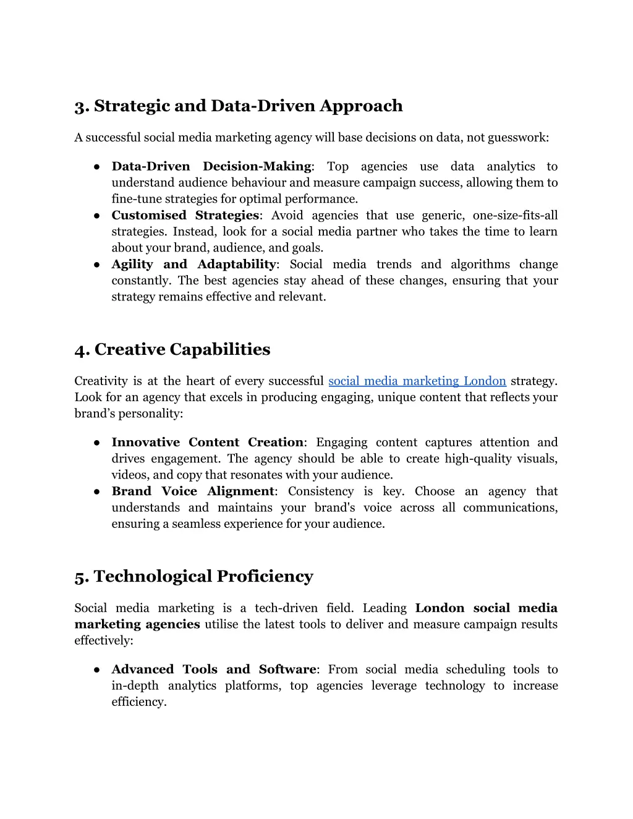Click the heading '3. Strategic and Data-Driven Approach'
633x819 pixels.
pos(238,106)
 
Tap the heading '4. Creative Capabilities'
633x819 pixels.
pos(172,350)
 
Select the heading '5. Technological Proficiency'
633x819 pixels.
pos(193,577)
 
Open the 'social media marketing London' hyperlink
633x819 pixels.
pos(417,381)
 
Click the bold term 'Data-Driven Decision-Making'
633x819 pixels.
pos(211,166)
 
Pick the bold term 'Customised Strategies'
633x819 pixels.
pos(185,215)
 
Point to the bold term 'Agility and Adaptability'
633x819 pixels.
pos(193,265)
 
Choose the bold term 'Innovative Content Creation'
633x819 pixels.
pos(207,443)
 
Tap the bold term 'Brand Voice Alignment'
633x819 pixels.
pos(192,491)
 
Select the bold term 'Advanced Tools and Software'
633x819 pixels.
pos(213,669)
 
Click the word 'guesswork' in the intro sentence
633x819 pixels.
pos(516,138)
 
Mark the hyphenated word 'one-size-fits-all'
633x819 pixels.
pos(515,215)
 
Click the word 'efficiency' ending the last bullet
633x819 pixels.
pos(138,702)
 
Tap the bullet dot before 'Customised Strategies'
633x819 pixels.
pos(97,216)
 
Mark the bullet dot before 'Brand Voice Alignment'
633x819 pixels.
pos(97,492)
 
